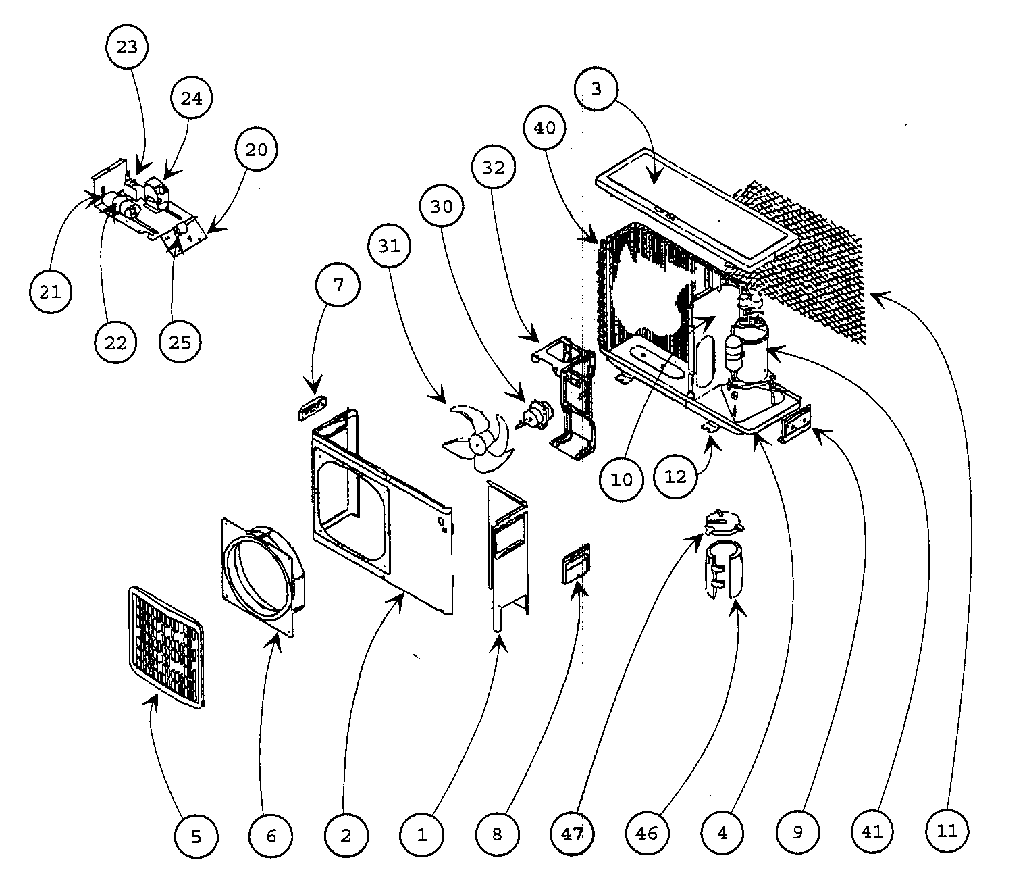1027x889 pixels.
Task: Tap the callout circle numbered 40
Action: tap(544, 128)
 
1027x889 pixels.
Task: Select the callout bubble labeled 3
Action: tap(596, 88)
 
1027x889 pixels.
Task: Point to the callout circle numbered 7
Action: tap(338, 285)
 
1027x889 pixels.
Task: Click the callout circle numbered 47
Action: tap(572, 834)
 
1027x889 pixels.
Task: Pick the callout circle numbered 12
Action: tap(676, 476)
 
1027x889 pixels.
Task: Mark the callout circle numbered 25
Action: tap(180, 342)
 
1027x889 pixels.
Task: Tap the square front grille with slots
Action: tap(167, 647)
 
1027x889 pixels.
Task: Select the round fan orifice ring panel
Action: tap(263, 577)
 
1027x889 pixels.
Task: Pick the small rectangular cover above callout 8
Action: tap(575, 563)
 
